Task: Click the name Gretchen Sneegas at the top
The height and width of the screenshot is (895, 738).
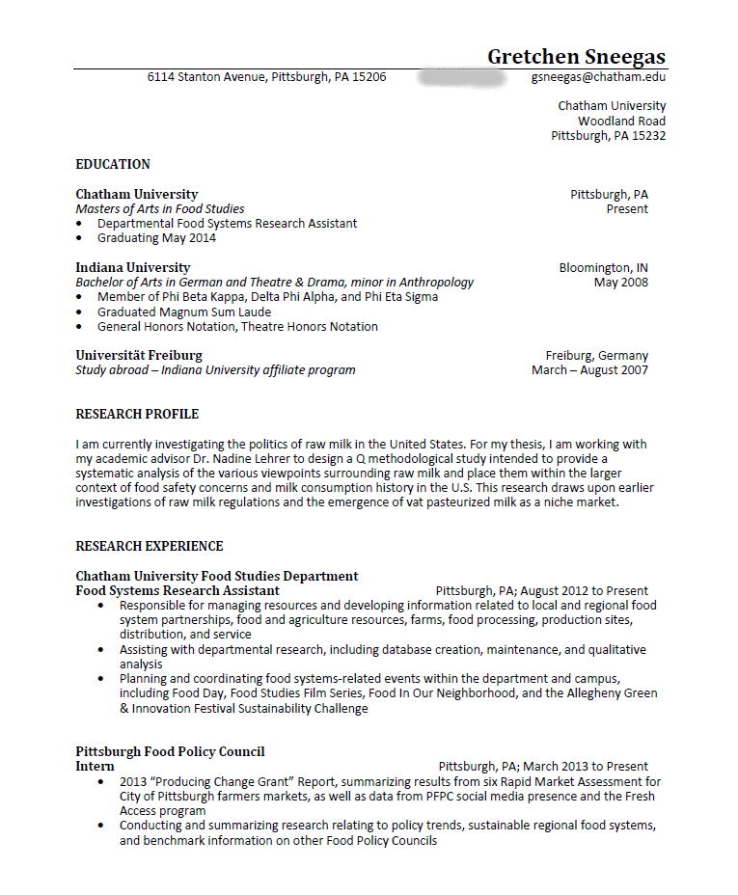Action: point(576,56)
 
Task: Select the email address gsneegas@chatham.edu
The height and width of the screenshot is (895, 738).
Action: point(598,76)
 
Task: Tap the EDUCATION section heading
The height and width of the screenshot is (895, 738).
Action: point(113,164)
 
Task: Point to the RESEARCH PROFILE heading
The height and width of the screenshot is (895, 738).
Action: point(137,414)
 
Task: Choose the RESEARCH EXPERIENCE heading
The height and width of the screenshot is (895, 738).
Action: point(150,546)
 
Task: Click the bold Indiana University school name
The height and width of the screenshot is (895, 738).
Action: point(133,267)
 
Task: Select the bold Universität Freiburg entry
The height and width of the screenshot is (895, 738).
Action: point(139,355)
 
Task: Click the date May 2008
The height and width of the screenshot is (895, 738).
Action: point(621,283)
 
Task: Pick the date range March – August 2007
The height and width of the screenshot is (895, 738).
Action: point(589,370)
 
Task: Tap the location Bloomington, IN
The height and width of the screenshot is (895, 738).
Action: point(603,267)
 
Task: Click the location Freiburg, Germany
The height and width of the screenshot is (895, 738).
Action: point(596,355)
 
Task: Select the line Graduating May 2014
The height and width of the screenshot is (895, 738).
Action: point(156,238)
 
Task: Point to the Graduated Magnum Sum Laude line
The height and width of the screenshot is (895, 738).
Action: point(183,312)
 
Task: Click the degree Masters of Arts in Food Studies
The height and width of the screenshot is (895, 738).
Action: point(160,208)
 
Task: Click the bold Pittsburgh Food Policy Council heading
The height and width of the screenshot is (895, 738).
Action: point(170,751)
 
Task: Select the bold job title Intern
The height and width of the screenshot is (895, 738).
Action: point(95,766)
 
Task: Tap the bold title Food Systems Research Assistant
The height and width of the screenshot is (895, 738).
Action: point(178,590)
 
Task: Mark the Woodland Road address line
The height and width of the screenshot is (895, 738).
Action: point(621,121)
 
